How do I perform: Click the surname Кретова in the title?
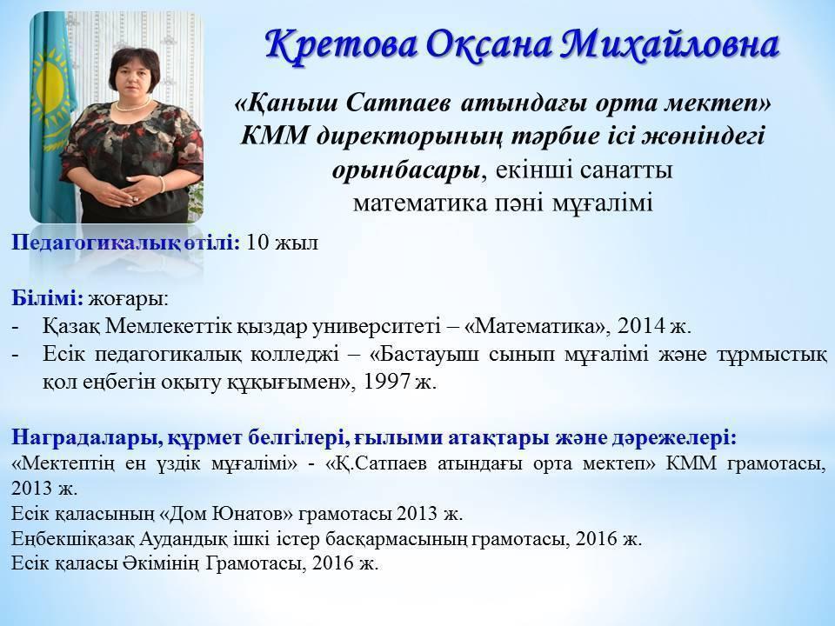pos(341,44)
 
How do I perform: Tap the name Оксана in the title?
pos(488,44)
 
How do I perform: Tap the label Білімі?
pos(47,298)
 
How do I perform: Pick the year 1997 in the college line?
pos(385,382)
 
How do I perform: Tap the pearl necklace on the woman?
pos(134,104)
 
